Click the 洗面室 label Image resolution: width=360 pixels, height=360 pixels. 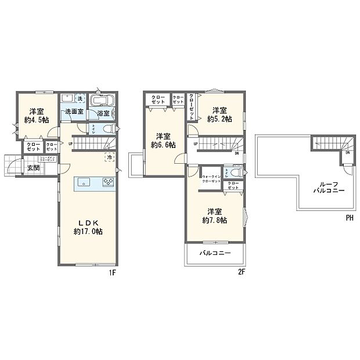click(74, 111)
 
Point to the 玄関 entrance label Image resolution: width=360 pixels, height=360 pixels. click(33, 168)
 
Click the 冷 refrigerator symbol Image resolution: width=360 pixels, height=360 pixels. click(109, 157)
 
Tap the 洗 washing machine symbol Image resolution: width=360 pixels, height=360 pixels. click(81, 98)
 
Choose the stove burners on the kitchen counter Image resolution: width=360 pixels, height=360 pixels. click(109, 182)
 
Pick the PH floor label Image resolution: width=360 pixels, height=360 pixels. click(350, 218)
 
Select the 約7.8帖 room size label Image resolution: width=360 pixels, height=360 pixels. click(214, 221)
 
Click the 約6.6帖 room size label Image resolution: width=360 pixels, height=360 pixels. click(163, 145)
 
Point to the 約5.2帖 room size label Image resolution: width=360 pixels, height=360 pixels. click(219, 119)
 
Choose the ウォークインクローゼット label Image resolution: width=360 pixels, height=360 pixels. click(211, 179)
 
